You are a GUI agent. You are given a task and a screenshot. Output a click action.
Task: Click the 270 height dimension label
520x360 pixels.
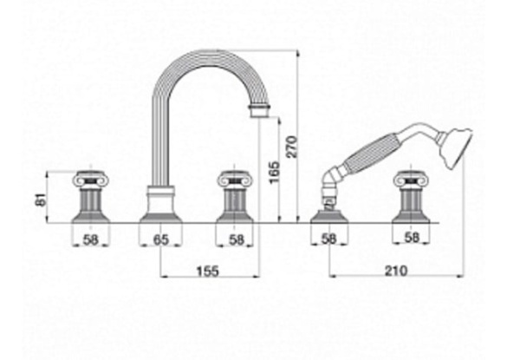(x=293, y=147)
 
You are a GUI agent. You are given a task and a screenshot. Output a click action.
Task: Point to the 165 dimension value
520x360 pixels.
(x=275, y=173)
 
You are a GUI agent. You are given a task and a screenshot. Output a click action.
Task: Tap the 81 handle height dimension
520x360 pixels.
(x=41, y=200)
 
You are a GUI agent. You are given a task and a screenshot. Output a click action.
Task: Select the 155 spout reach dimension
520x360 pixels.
(x=208, y=271)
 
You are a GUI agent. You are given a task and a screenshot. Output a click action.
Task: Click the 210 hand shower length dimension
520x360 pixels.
(x=396, y=271)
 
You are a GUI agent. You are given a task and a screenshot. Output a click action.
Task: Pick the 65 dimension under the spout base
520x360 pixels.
(x=161, y=239)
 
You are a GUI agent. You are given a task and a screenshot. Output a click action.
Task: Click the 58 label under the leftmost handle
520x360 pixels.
(x=91, y=239)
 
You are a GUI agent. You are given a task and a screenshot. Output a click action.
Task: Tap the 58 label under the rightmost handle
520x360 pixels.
(x=412, y=237)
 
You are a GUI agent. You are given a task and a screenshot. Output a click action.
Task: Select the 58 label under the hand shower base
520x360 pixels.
(x=328, y=239)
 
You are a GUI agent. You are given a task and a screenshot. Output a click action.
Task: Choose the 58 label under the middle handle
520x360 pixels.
(x=237, y=239)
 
